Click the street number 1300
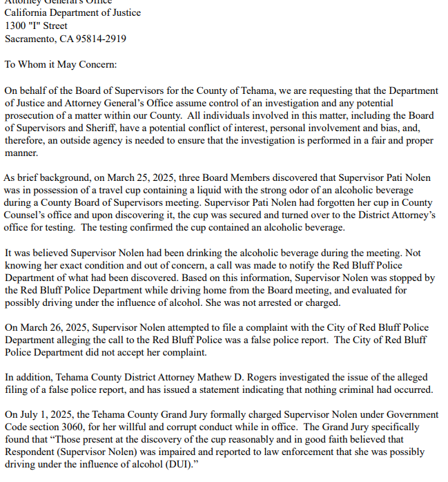(17, 26)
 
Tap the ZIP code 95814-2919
(100, 39)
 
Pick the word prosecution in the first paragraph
(30, 116)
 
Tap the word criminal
(362, 390)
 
